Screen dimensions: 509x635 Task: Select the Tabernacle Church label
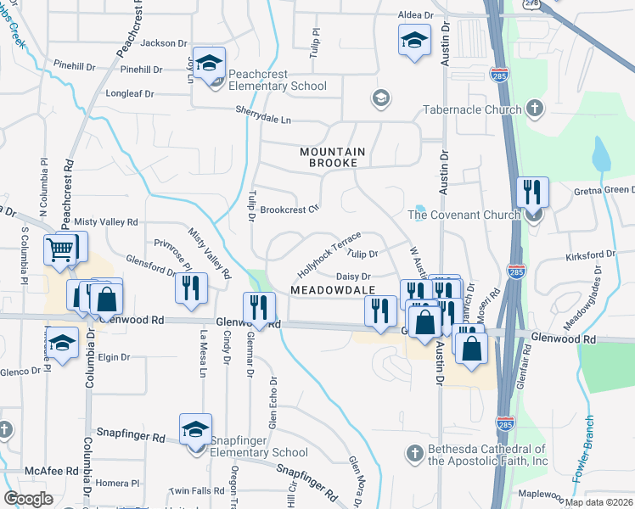pos(472,109)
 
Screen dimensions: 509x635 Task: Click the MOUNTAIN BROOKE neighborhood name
pos(333,157)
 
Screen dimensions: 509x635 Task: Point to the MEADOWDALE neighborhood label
pos(333,290)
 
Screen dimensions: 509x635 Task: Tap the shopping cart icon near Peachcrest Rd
pos(60,248)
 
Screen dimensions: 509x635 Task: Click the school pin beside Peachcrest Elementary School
pos(207,62)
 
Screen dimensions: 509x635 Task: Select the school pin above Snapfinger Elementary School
pos(195,428)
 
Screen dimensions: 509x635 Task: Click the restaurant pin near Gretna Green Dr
pos(531,191)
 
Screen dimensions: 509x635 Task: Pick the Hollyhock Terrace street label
pos(329,253)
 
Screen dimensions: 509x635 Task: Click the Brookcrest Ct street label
pos(289,210)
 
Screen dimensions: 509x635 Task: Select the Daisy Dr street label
pos(354,277)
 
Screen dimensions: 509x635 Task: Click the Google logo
pos(29,499)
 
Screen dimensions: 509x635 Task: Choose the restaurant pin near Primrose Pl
pos(191,286)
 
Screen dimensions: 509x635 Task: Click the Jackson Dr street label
pos(165,43)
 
